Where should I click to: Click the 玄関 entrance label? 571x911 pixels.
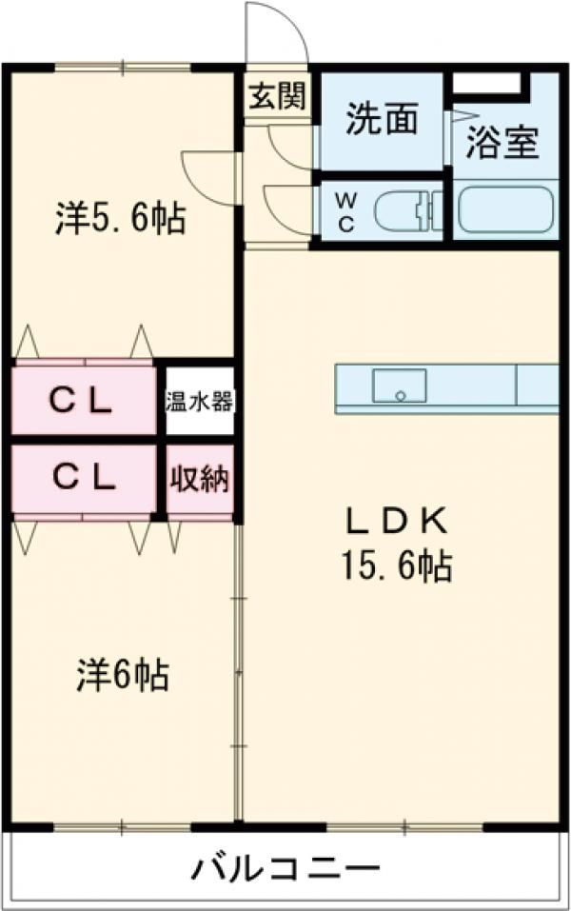coord(277,96)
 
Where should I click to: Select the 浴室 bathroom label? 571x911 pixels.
coord(503,146)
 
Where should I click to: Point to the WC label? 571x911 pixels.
coord(346,212)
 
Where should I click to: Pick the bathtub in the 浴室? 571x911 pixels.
coord(504,211)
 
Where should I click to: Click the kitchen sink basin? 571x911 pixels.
coord(399,386)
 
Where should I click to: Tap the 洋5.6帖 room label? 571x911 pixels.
coord(120,220)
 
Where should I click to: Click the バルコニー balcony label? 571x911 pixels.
coord(286,869)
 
